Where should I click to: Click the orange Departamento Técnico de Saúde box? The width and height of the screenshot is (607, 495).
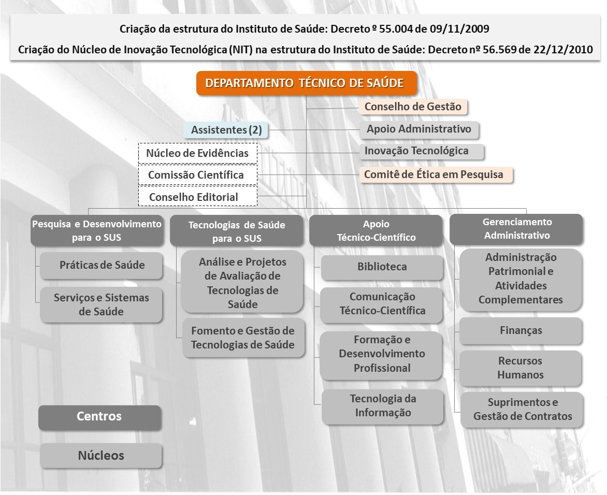307,83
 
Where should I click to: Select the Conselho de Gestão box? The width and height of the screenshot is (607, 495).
413,107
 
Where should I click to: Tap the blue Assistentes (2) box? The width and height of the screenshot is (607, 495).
226,130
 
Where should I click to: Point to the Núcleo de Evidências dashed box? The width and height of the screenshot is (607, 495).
198,153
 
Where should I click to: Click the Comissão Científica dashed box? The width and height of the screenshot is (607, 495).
198,175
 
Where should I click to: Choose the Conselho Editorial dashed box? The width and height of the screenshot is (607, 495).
198,197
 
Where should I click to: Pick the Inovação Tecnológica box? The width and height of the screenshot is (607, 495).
422,151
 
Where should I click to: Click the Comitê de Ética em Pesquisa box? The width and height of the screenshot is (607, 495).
436,175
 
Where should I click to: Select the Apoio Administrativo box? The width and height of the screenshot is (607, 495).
419,129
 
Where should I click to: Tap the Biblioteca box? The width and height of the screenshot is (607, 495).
382,267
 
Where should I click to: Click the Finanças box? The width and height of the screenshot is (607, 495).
521,331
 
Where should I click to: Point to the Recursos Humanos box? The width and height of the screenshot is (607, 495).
521,368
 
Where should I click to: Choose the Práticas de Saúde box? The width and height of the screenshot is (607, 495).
102,266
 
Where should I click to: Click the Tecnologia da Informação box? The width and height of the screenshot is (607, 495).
382,406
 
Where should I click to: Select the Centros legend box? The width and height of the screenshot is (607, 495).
100,417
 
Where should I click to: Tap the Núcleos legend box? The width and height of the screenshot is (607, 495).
101,456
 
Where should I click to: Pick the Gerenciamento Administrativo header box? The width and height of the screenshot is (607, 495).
516,229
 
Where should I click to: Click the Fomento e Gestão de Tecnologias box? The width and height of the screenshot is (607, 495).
243,338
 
